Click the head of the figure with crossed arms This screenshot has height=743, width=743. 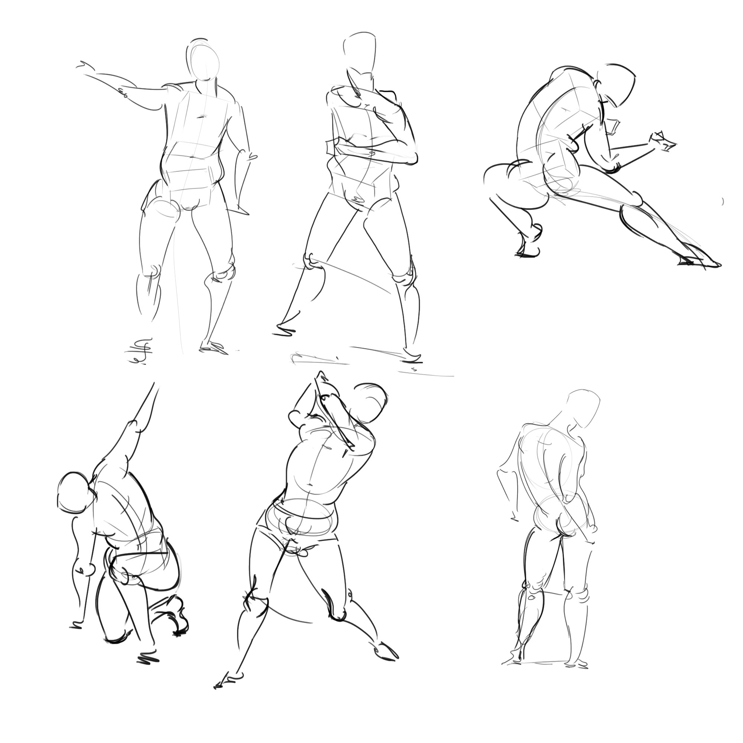(x=360, y=54)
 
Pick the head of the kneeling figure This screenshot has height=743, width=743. (x=75, y=493)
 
